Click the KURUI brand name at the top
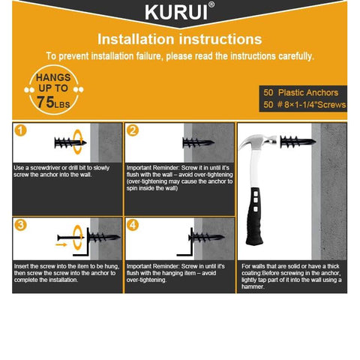point(176,12)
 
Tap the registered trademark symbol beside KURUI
point(211,4)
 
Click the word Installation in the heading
point(136,39)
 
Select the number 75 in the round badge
point(45,102)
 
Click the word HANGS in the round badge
point(53,77)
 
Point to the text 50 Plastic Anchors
point(301,92)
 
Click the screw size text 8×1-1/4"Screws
point(315,104)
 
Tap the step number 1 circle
point(20,130)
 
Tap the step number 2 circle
point(133,130)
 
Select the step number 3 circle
point(20,225)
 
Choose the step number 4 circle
point(133,225)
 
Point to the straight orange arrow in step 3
point(61,244)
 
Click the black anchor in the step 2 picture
point(199,142)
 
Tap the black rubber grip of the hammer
point(255,217)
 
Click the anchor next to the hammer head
point(298,142)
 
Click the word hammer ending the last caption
point(253,286)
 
